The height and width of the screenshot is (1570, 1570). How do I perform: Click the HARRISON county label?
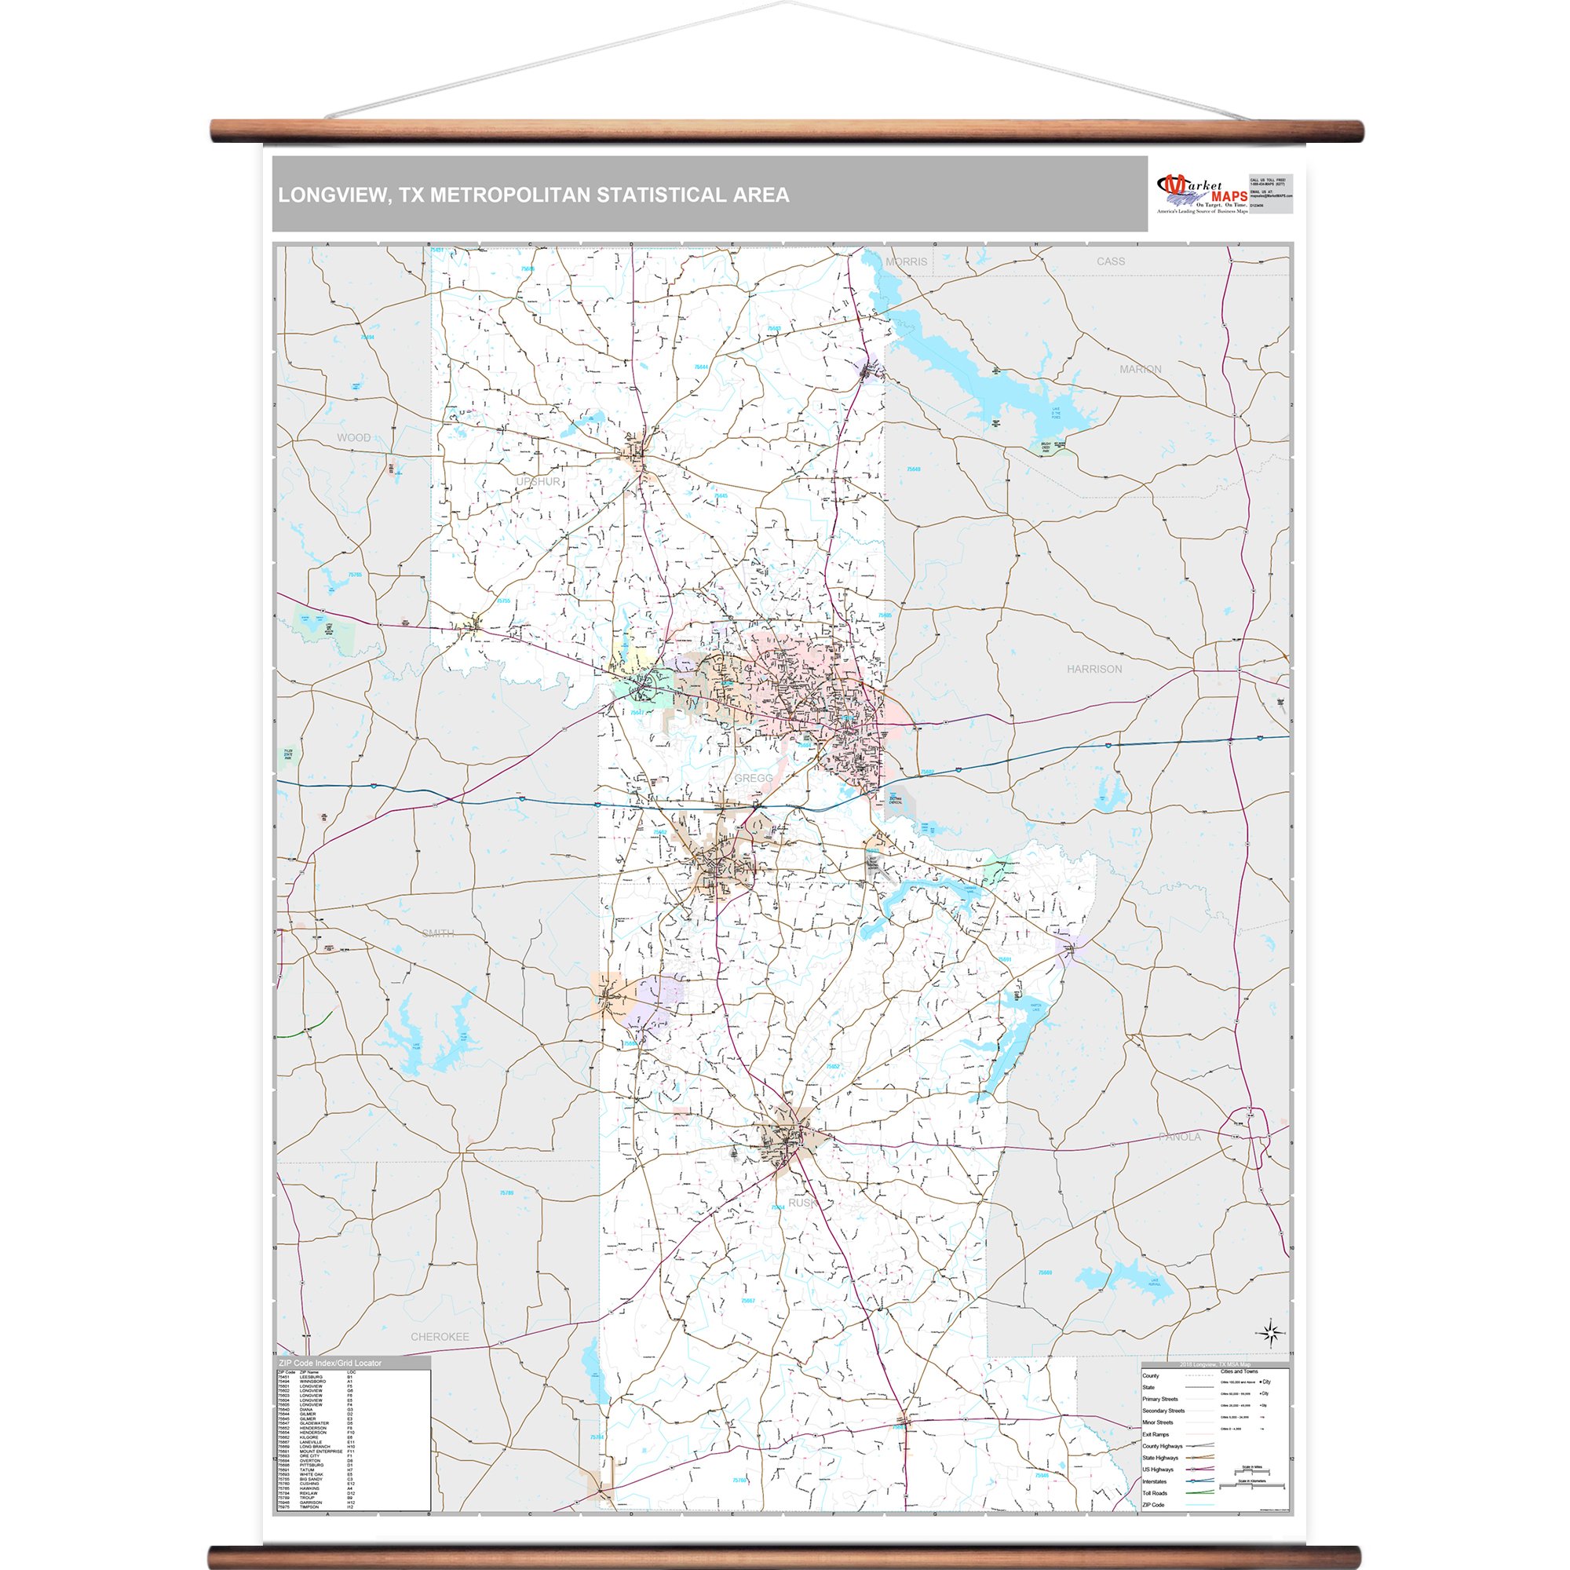coord(1094,669)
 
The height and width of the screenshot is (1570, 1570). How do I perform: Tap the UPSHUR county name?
coord(538,482)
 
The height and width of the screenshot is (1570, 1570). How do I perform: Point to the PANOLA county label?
coord(1179,1137)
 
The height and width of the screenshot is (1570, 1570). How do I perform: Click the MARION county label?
coord(1140,370)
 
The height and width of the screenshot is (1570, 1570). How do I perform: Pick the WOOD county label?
coord(353,438)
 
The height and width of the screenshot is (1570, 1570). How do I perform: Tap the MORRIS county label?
coord(906,261)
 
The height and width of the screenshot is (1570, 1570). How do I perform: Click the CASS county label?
coord(1110,261)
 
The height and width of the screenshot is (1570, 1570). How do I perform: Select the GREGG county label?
coord(754,779)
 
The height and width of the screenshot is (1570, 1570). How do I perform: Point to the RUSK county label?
coord(802,1203)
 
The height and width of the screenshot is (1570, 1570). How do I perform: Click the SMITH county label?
coord(438,933)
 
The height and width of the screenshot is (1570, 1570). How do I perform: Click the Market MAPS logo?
coord(1201,195)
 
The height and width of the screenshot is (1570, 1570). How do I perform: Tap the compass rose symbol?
coord(1272,1333)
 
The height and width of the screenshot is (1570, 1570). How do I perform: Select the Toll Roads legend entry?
coord(1155,1494)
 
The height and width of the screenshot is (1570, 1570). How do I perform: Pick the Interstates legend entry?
coord(1155,1482)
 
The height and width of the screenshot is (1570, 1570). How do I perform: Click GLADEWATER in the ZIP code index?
coord(316,1424)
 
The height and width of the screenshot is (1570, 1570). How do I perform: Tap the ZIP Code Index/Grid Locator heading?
coord(330,1364)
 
